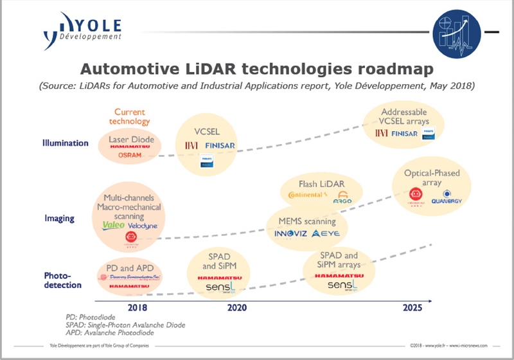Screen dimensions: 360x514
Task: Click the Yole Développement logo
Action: (82, 31)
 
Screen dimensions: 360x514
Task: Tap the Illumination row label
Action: (65, 143)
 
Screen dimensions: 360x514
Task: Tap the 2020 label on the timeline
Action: (237, 308)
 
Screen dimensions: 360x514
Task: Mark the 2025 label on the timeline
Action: (412, 308)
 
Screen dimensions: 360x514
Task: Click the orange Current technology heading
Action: (132, 116)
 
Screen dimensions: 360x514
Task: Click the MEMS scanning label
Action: (306, 221)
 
